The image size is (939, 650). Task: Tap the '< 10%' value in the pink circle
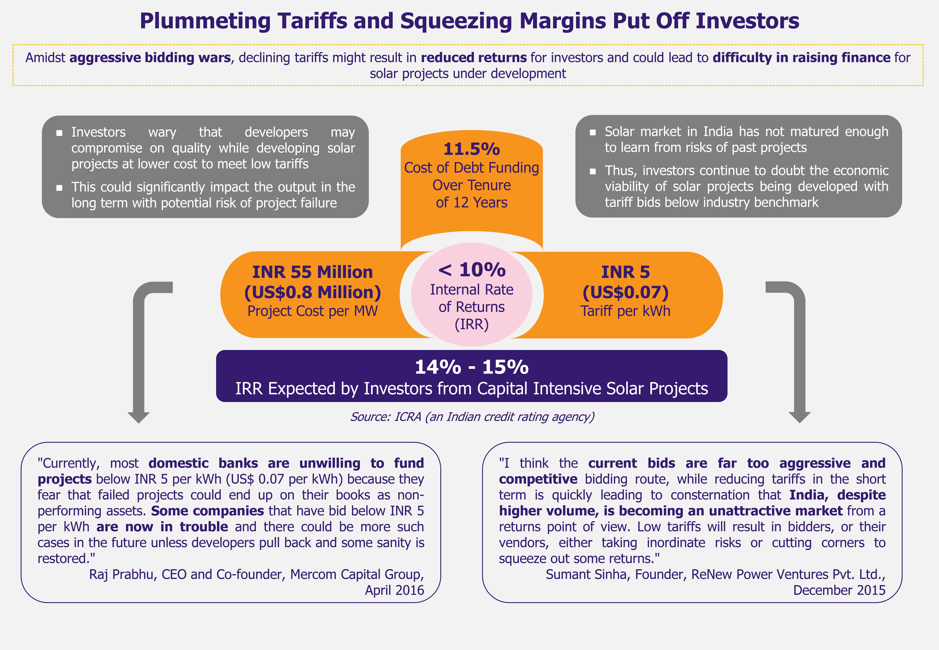point(472,270)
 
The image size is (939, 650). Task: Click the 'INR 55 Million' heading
point(312,272)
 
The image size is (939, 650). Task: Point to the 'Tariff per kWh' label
point(625,311)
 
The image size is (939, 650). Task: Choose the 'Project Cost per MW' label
point(312,311)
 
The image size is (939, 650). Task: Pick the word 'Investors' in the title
point(747,21)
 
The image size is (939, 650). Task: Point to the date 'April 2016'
point(394,590)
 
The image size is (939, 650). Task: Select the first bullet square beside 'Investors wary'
point(60,133)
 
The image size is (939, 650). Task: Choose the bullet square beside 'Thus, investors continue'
point(593,171)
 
